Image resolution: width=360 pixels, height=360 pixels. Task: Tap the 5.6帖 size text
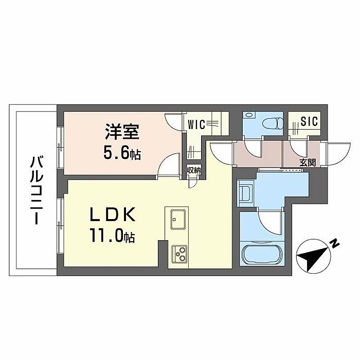[x=122, y=153]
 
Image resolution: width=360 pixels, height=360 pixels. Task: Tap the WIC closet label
[x=197, y=124]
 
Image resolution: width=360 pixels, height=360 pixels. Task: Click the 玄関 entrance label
[x=309, y=163]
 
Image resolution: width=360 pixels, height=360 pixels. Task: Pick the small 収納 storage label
[x=193, y=170]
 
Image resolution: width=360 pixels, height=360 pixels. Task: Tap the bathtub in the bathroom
[x=261, y=255]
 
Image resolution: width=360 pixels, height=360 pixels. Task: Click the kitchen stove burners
[x=179, y=253]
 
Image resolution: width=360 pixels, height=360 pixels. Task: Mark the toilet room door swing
[x=254, y=149]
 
